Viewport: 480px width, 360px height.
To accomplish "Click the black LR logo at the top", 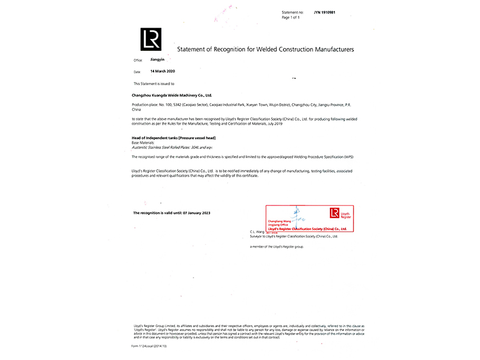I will click(x=151, y=39).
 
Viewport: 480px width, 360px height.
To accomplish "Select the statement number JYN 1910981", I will click(x=325, y=12).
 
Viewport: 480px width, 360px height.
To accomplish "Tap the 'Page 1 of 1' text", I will click(x=290, y=17).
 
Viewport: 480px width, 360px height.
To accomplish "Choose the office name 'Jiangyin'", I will click(x=158, y=59).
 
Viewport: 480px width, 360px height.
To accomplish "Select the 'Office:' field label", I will click(x=138, y=60).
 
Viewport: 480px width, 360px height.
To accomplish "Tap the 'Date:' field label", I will click(x=137, y=72).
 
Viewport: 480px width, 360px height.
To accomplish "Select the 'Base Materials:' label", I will click(x=144, y=142).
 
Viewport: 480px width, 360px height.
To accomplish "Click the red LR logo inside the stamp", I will click(x=334, y=212).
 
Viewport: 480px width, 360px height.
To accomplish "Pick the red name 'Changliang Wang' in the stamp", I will click(x=280, y=221).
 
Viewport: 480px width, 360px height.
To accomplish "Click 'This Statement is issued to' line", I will click(x=154, y=84).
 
